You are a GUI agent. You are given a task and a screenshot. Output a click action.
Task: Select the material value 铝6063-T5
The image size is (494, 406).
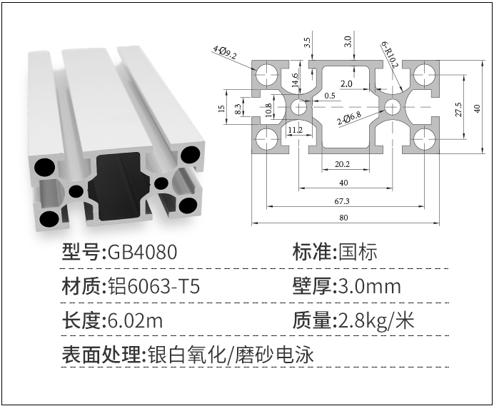[x=153, y=287]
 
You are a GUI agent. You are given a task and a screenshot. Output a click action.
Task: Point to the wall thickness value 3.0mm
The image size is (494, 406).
[x=367, y=287]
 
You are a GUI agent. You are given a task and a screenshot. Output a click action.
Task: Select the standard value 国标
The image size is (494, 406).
[x=358, y=252]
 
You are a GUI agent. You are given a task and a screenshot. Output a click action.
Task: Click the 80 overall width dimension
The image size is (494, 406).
[x=344, y=218]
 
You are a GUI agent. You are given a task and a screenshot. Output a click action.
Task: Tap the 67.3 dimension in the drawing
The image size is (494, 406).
[x=344, y=201]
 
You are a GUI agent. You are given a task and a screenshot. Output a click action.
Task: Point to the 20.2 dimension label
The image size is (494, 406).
[x=343, y=164]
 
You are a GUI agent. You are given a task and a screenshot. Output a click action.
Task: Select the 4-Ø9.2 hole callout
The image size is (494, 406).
[x=225, y=51]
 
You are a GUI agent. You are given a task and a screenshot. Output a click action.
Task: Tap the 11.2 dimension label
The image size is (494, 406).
[x=295, y=130]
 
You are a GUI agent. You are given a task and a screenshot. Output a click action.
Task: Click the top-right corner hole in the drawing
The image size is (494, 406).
[x=424, y=72]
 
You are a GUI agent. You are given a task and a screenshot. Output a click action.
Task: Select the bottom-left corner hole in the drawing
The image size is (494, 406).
[x=266, y=139]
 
